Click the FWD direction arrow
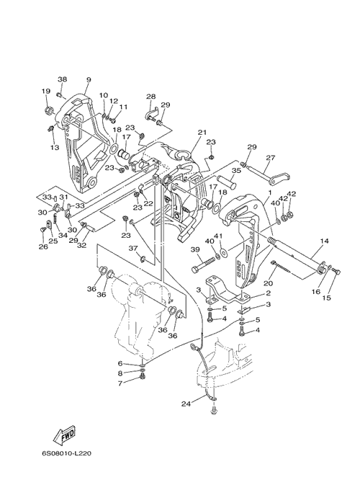(x=64, y=435)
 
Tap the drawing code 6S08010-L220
(x=66, y=453)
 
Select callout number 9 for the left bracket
(x=88, y=80)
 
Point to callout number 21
(x=202, y=132)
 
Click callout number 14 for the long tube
(x=324, y=241)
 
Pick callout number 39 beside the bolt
(x=194, y=249)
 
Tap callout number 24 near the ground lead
(x=186, y=404)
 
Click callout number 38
(x=63, y=79)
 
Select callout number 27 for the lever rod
(x=271, y=158)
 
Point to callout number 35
(x=236, y=170)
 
